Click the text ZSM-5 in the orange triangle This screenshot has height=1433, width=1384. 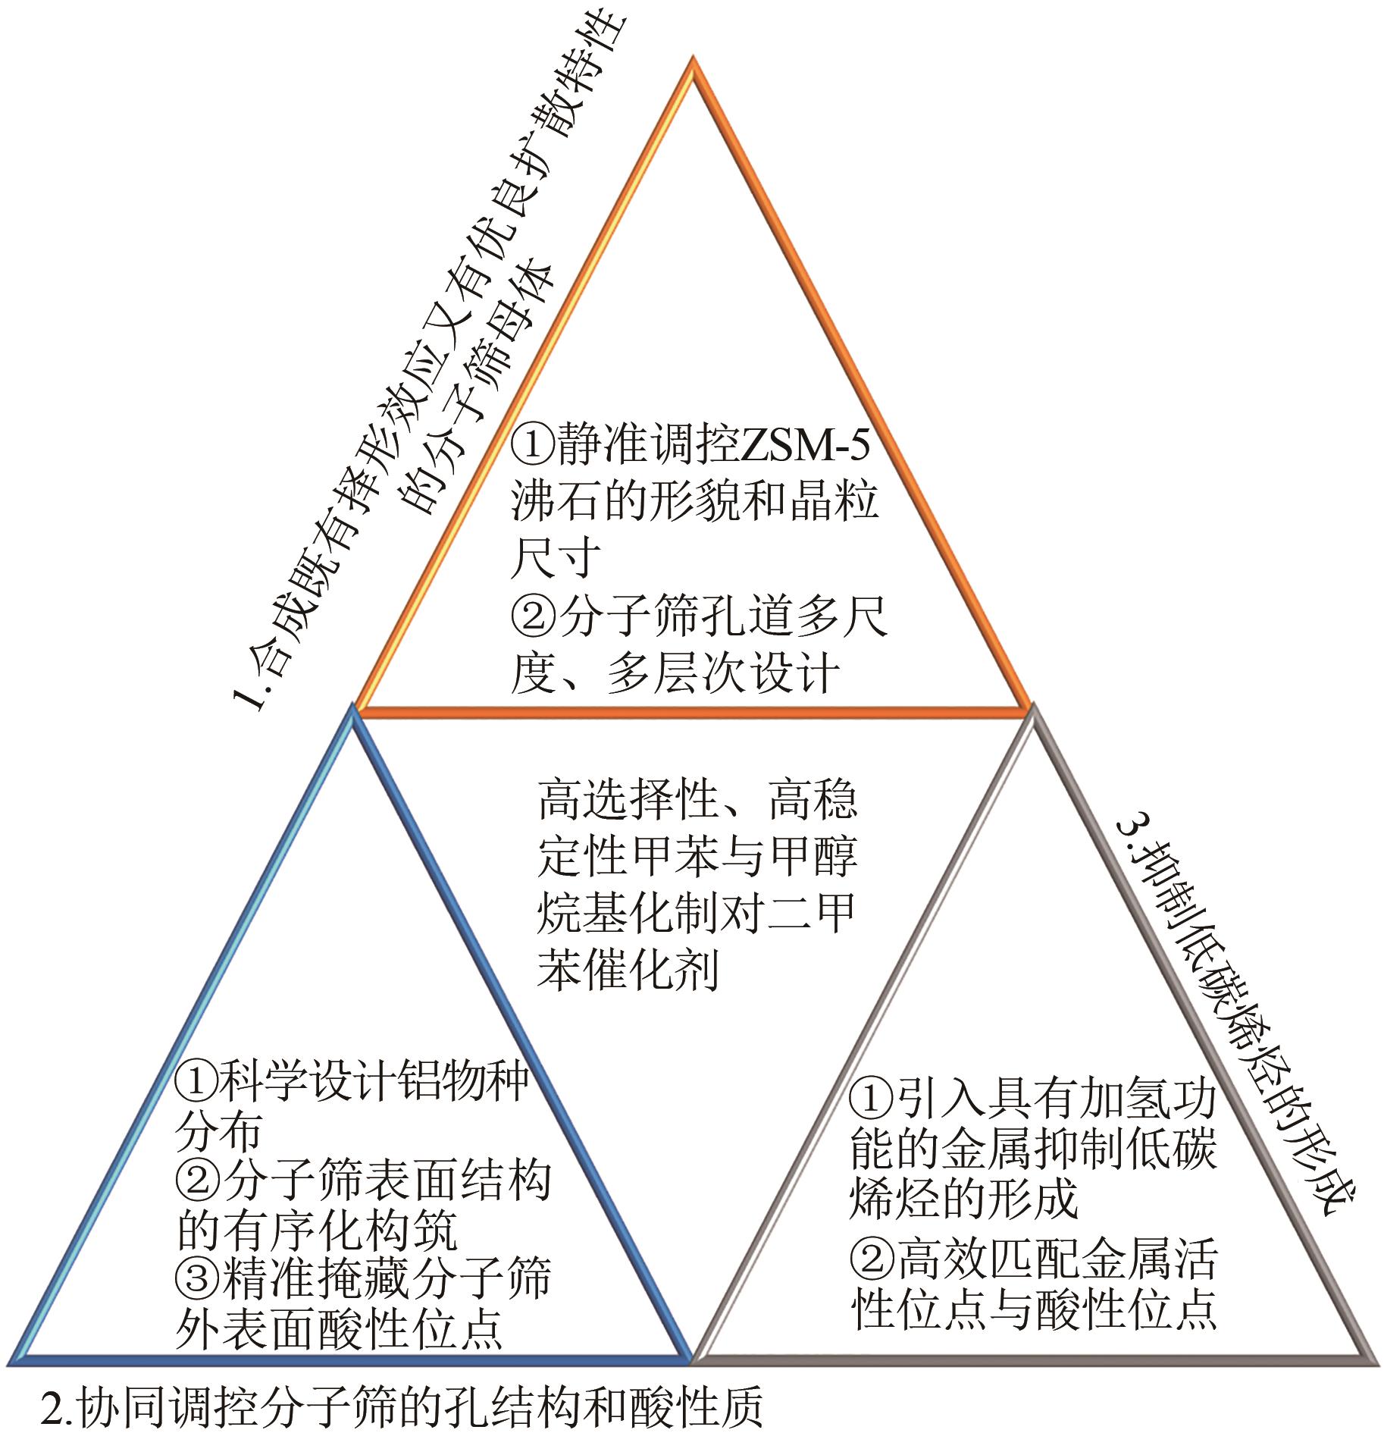point(803,445)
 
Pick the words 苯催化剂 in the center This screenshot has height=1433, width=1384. point(628,968)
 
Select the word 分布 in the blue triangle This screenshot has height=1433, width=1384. point(219,1131)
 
